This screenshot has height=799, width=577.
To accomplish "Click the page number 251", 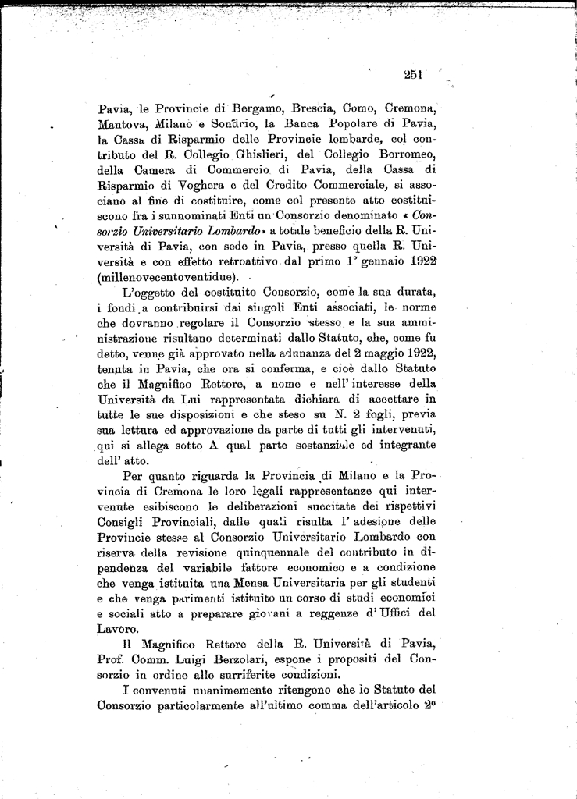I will coord(413,75).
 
